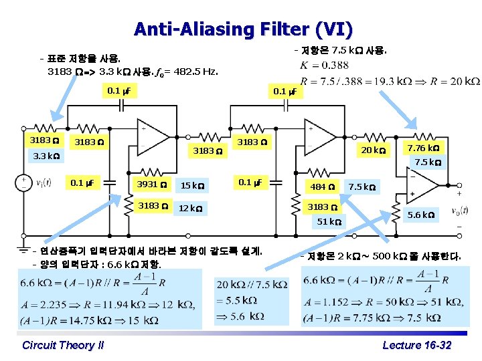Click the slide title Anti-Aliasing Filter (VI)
pyautogui.click(x=242, y=29)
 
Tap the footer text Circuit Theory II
pyautogui.click(x=63, y=345)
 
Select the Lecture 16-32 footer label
pyautogui.click(x=416, y=345)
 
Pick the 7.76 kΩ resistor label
pyautogui.click(x=424, y=147)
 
